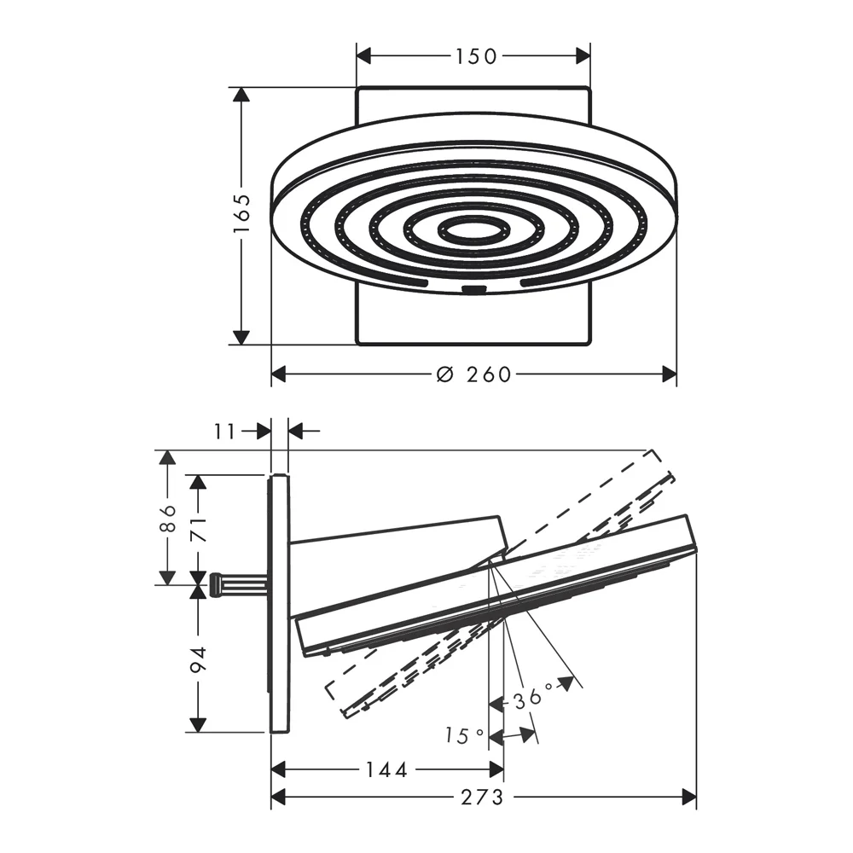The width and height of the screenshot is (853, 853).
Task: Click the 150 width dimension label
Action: (476, 56)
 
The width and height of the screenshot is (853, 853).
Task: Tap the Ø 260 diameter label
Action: (474, 374)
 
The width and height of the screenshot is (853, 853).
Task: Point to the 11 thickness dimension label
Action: (224, 432)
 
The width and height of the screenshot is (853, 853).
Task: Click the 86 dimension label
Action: (169, 519)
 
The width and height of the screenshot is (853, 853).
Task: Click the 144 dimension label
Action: (386, 769)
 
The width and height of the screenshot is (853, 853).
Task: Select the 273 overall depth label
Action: (482, 798)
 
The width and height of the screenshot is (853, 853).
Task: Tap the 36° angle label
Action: (533, 697)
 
